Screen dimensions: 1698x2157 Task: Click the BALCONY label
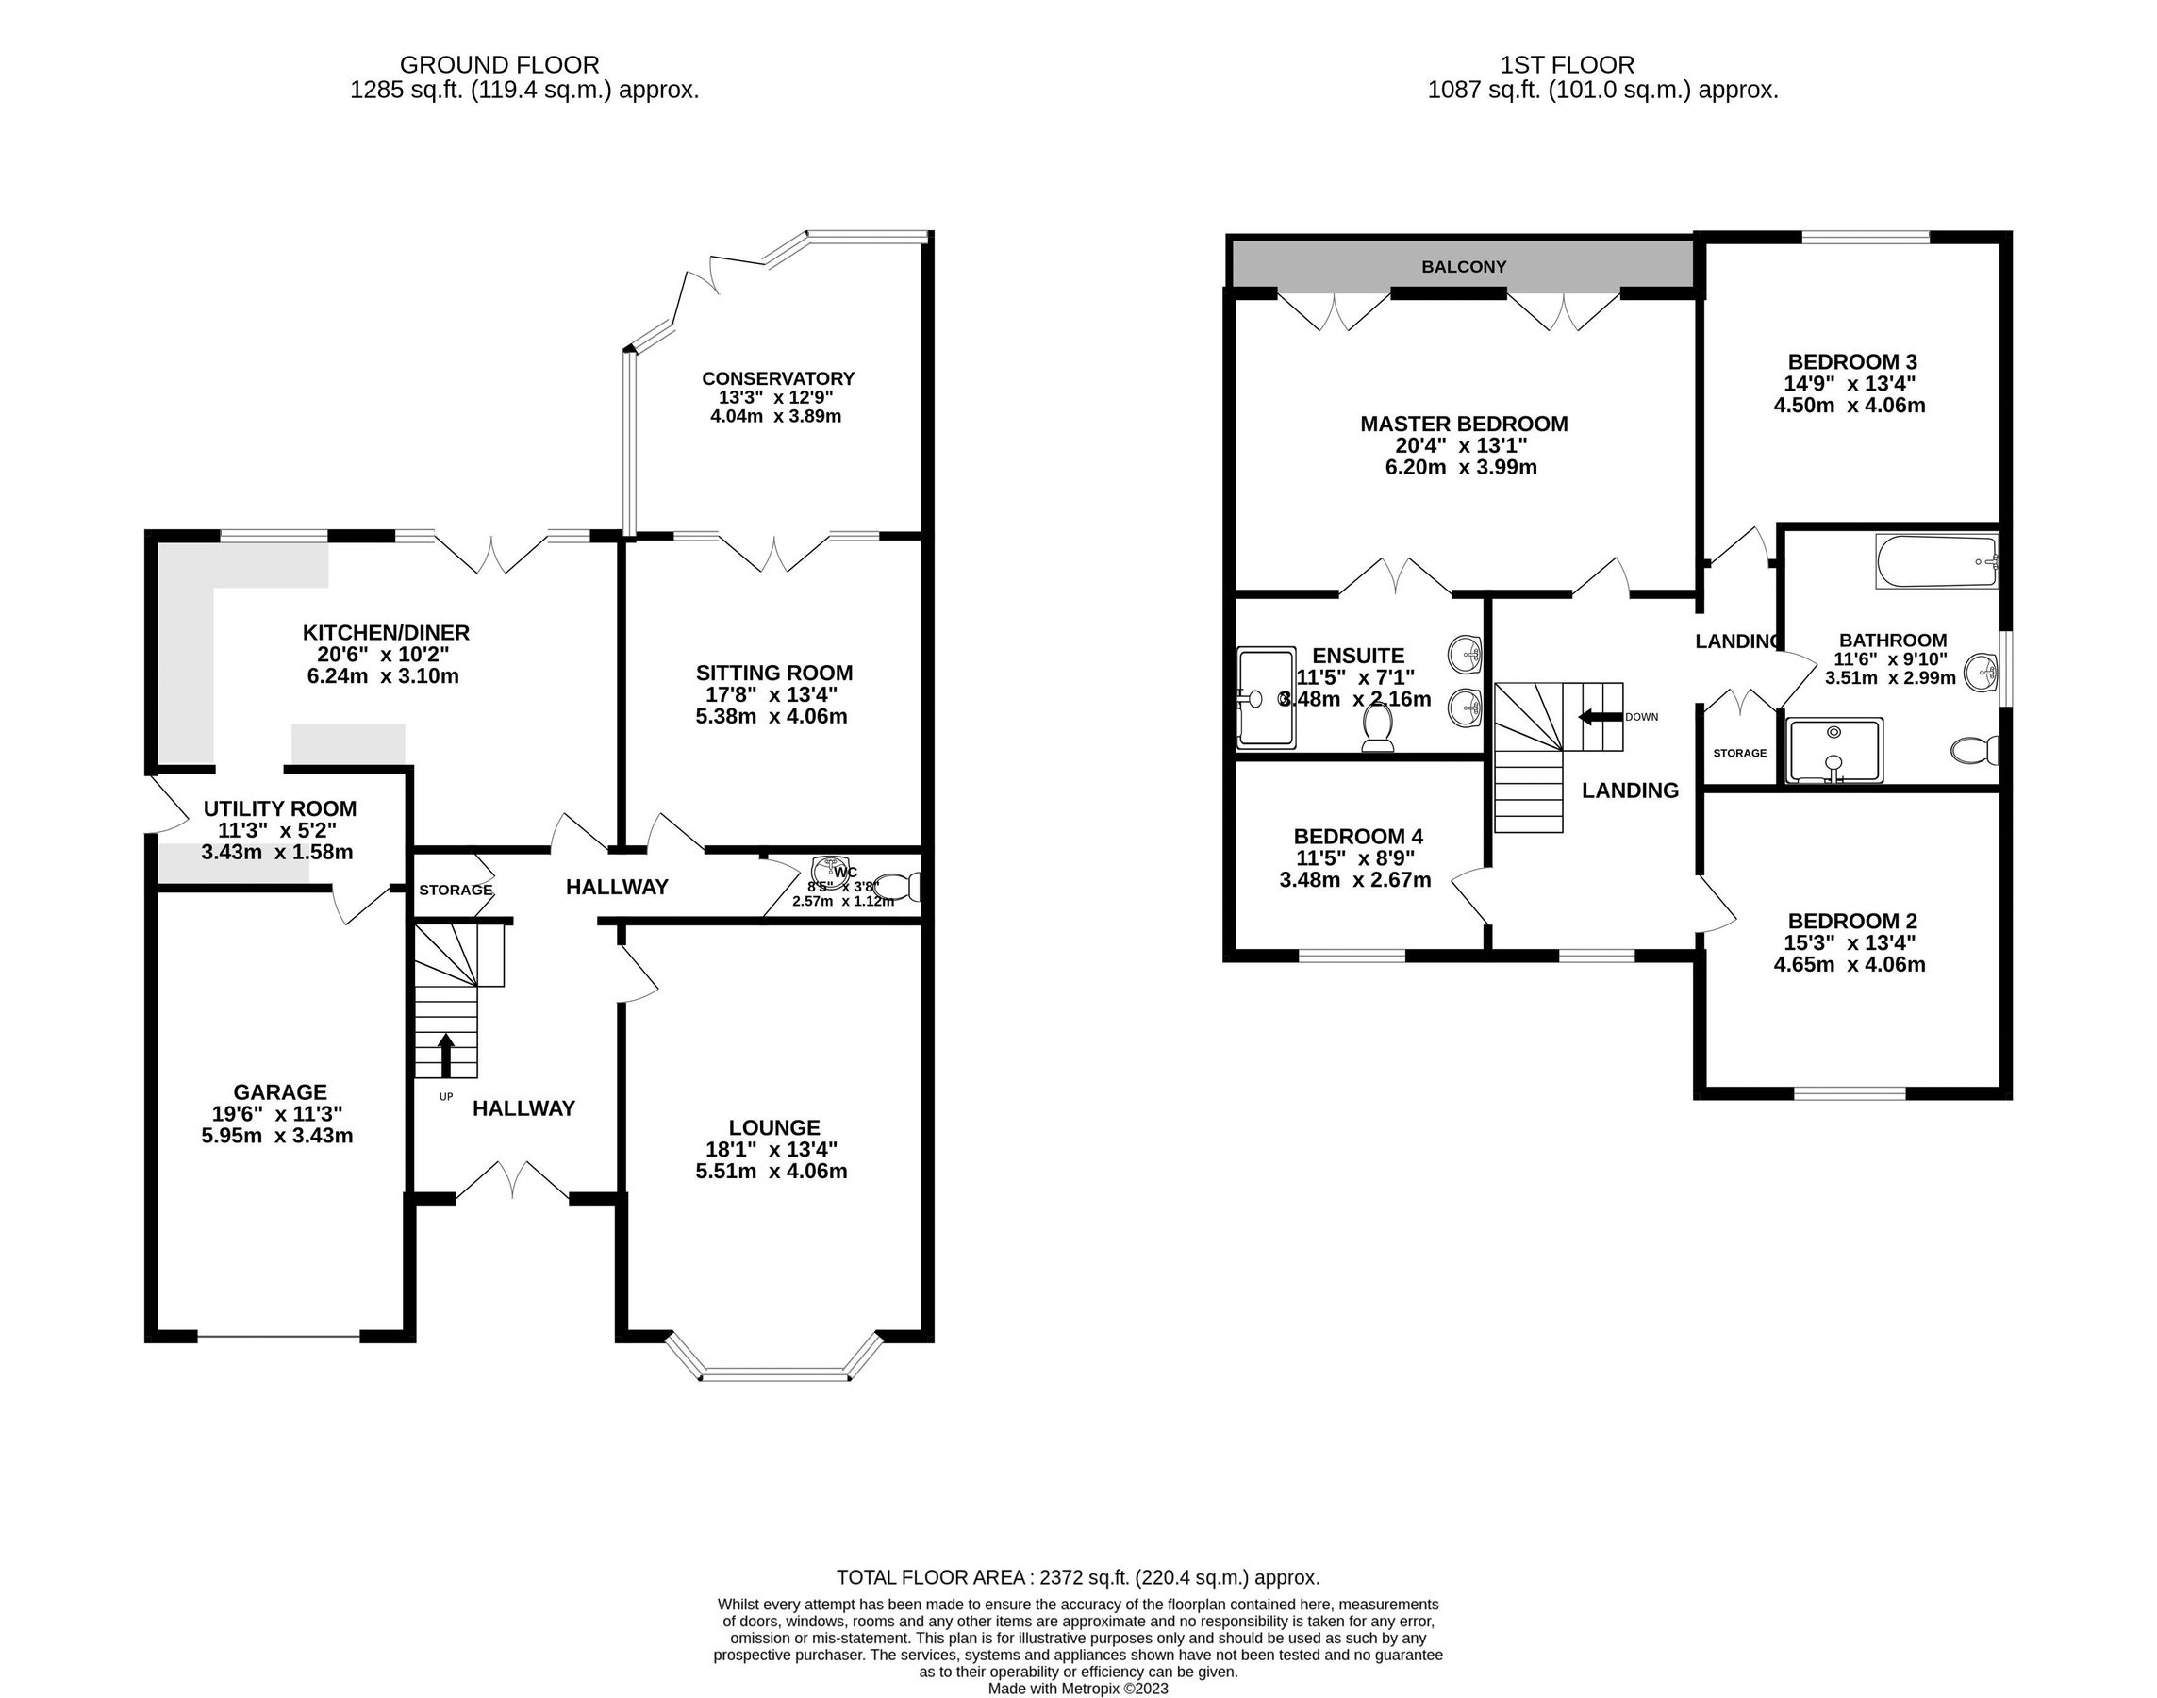click(1463, 266)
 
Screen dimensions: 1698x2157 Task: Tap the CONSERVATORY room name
click(777, 379)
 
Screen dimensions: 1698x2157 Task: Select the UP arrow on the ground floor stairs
click(445, 1055)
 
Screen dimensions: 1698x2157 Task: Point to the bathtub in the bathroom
click(1935, 561)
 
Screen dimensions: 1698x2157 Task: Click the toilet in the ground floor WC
click(903, 886)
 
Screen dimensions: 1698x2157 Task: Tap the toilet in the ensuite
click(1378, 727)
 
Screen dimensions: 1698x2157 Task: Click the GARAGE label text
click(279, 1091)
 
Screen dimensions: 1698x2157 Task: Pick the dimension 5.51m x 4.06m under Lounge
click(772, 1171)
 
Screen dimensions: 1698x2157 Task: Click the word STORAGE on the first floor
click(1739, 753)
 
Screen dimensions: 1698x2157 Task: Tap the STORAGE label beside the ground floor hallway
click(456, 890)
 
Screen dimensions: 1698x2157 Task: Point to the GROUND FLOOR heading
click(499, 65)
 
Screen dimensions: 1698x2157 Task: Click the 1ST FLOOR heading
click(1567, 65)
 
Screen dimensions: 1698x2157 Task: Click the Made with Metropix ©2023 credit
click(1077, 1688)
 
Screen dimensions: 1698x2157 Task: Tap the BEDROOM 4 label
click(1358, 837)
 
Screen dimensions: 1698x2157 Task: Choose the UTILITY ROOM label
click(279, 809)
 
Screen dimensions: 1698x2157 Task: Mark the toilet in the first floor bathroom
click(1973, 750)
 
